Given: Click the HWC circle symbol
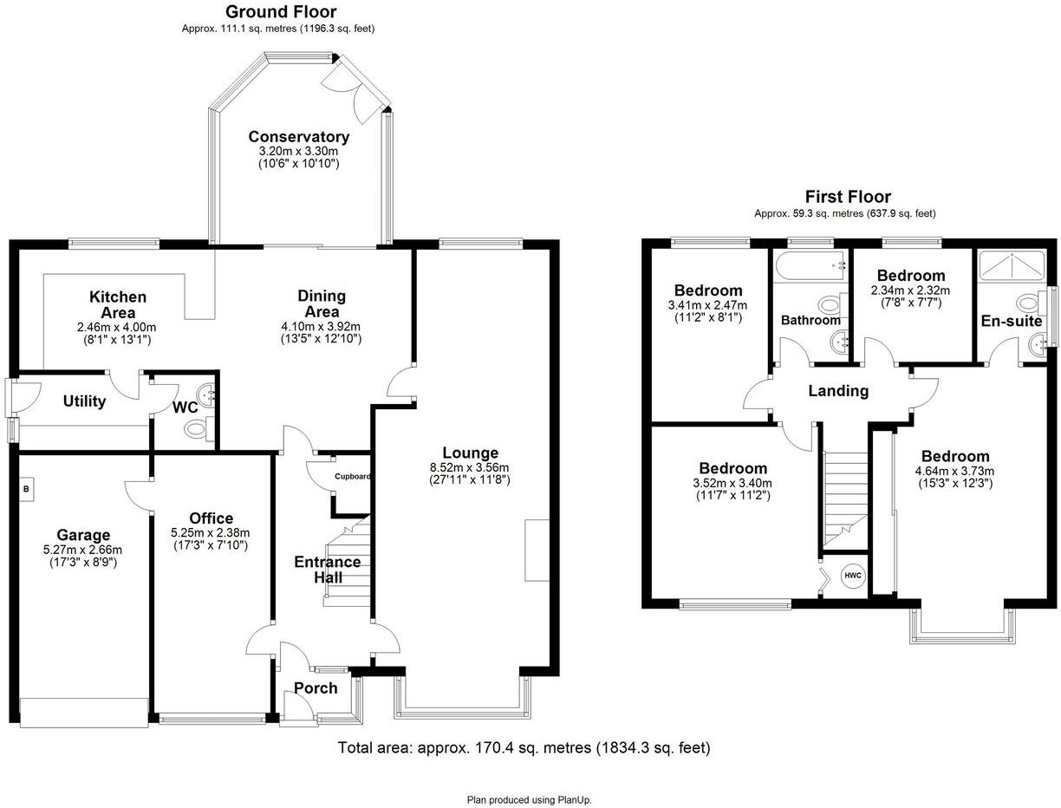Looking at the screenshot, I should [x=853, y=576].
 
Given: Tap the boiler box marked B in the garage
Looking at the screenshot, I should [x=26, y=489].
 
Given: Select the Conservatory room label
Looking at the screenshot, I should [x=298, y=137].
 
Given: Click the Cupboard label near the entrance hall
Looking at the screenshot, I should [x=354, y=477].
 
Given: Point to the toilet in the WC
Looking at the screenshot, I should [x=198, y=427].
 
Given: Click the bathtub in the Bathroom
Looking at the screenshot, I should [x=811, y=266].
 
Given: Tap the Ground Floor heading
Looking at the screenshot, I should [x=280, y=12].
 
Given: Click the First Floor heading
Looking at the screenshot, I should [x=847, y=197].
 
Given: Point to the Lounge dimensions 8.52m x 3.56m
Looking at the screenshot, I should [x=470, y=468].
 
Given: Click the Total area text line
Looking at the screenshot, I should [x=524, y=747].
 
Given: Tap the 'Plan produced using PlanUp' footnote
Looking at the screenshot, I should [x=529, y=800].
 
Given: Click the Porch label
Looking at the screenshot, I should [x=316, y=688].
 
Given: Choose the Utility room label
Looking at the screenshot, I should [x=84, y=401].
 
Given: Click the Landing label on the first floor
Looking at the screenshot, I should [x=838, y=391].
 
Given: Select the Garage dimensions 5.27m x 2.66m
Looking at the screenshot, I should [x=83, y=550].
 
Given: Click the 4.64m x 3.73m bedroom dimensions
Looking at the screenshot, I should [x=955, y=471].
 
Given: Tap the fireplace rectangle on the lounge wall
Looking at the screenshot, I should [x=537, y=551].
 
